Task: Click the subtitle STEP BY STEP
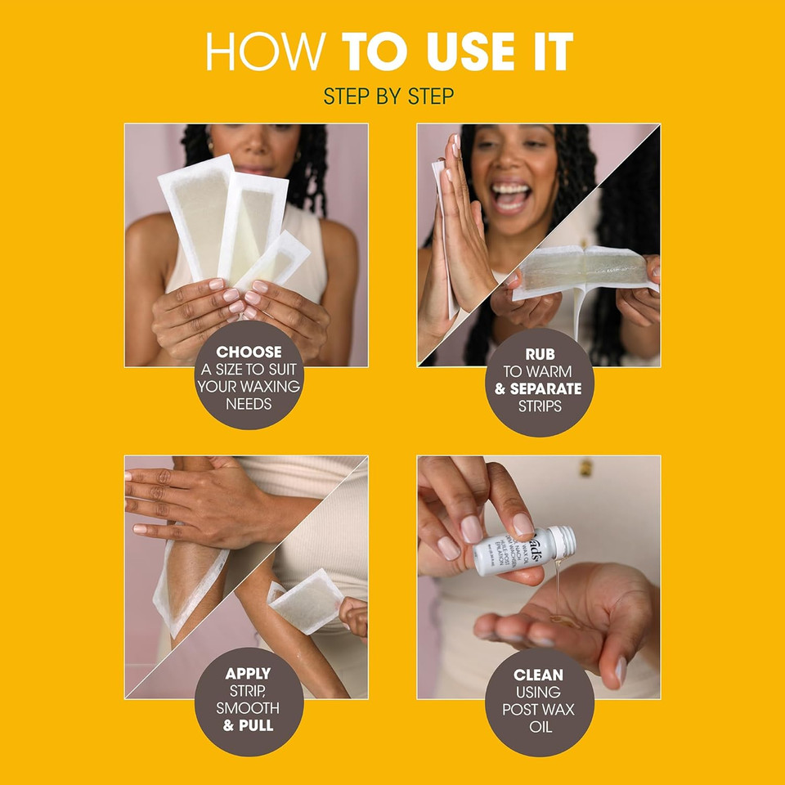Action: click(388, 96)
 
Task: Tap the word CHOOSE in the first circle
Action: click(249, 352)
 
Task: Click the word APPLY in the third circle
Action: click(248, 675)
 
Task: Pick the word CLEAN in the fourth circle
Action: click(538, 675)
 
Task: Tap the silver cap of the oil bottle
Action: click(563, 541)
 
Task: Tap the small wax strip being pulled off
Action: click(306, 601)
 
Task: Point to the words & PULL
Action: click(249, 725)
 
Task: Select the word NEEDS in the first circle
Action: click(249, 404)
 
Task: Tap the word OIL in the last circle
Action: click(539, 725)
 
